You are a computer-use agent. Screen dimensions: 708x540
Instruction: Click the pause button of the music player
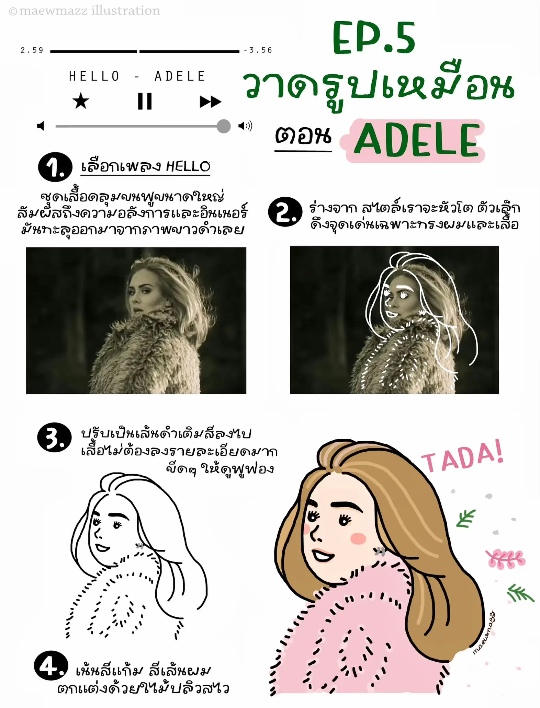pyautogui.click(x=145, y=101)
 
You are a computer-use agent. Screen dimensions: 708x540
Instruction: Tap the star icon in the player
pyautogui.click(x=81, y=101)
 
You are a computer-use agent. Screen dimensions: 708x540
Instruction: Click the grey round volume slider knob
pyautogui.click(x=224, y=126)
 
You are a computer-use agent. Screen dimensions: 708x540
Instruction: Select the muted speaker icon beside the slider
pyautogui.click(x=41, y=126)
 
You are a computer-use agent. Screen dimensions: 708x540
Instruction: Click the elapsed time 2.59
pyautogui.click(x=32, y=50)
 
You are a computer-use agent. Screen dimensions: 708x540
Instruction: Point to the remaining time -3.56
pyautogui.click(x=258, y=50)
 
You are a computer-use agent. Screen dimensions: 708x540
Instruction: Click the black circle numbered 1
pyautogui.click(x=55, y=167)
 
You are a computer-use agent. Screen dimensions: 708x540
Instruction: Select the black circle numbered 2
pyautogui.click(x=285, y=212)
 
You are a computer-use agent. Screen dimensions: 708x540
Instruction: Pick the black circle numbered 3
pyautogui.click(x=54, y=437)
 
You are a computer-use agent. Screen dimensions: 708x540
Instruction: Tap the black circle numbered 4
pyautogui.click(x=51, y=665)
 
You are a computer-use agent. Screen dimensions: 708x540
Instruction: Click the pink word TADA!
pyautogui.click(x=462, y=457)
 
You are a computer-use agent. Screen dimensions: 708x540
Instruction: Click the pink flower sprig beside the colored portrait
pyautogui.click(x=506, y=559)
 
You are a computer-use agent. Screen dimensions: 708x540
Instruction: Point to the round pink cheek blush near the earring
pyautogui.click(x=358, y=538)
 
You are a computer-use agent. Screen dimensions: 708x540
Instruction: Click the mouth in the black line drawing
pyautogui.click(x=102, y=547)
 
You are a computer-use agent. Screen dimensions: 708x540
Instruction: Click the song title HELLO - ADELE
pyautogui.click(x=137, y=76)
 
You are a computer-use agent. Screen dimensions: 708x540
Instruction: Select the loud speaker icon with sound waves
pyautogui.click(x=245, y=126)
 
